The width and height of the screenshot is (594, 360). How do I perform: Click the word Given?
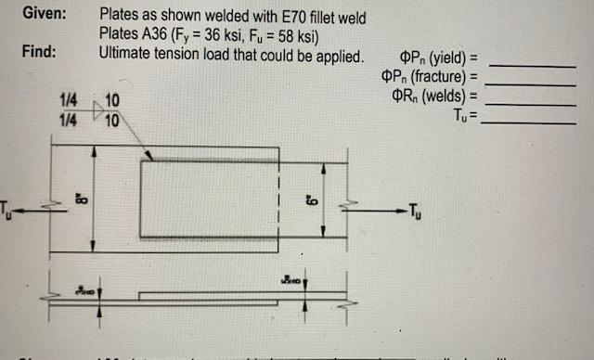pyautogui.click(x=42, y=15)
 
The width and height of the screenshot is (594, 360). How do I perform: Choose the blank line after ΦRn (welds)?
pyautogui.click(x=531, y=98)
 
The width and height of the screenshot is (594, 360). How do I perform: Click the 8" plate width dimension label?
pyautogui.click(x=81, y=197)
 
